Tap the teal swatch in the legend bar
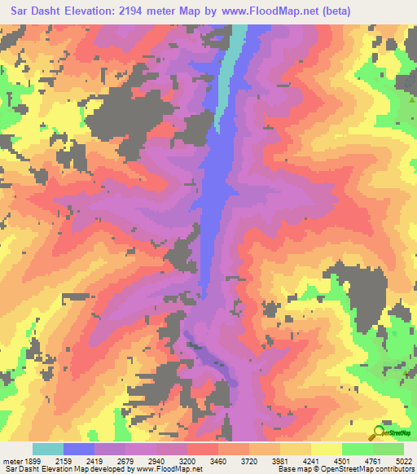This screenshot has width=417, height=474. pos(47,449)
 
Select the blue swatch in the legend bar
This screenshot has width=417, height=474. pos(78,449)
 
